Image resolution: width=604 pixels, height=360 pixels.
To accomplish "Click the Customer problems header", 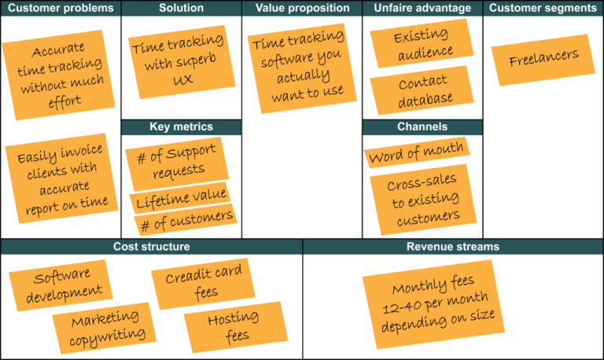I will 60,9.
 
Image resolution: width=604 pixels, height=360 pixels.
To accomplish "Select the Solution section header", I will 181,9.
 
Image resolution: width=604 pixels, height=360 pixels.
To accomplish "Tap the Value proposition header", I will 301,9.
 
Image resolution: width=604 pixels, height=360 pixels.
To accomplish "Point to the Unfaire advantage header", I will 422,9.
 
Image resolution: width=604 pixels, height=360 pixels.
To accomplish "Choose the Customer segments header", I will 543,9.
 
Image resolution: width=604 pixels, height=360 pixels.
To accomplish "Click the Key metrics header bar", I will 181,127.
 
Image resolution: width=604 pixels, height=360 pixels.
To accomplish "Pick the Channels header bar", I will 422,127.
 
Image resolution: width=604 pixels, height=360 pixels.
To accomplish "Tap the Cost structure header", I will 151,248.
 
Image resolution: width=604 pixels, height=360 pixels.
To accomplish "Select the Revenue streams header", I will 452,248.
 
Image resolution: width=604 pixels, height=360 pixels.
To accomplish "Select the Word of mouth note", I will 416,153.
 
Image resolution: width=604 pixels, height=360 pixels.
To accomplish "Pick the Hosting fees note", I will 234,326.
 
